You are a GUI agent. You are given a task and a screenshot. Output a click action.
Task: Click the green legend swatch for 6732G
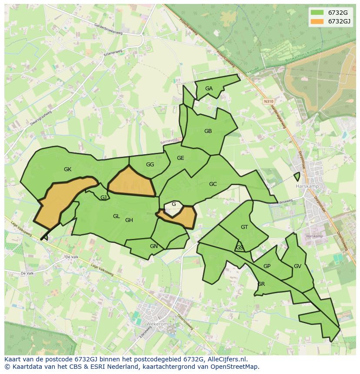pos(317,13)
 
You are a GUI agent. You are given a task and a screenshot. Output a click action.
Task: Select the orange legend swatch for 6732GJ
pos(317,21)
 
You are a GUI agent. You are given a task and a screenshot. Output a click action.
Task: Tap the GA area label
pos(209,89)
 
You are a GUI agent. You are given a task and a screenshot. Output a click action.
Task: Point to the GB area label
pos(208,131)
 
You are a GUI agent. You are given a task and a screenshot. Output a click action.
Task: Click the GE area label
pos(180,158)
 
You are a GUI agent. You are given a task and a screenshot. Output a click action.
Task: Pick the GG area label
pos(150,165)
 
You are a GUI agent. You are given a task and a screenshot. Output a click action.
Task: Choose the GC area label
pos(213,184)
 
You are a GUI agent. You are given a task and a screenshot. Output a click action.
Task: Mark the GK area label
pos(67,169)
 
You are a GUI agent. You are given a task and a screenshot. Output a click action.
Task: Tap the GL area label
pos(116,216)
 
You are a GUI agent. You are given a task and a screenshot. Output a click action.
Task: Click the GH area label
pos(129,220)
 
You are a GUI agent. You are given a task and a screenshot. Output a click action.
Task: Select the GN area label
pos(153,246)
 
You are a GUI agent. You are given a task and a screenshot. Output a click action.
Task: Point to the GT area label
pos(244,227)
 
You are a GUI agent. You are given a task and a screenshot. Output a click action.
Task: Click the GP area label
pos(267,266)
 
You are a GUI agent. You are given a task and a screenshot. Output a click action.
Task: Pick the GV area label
pos(297,266)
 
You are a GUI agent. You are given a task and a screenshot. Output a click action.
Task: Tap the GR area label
pos(261,284)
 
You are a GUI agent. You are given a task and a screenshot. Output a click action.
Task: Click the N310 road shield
pos(268,101)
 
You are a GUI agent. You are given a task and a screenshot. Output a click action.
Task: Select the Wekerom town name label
pos(145,324)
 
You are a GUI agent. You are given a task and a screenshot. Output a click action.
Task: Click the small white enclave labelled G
pos(173,204)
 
